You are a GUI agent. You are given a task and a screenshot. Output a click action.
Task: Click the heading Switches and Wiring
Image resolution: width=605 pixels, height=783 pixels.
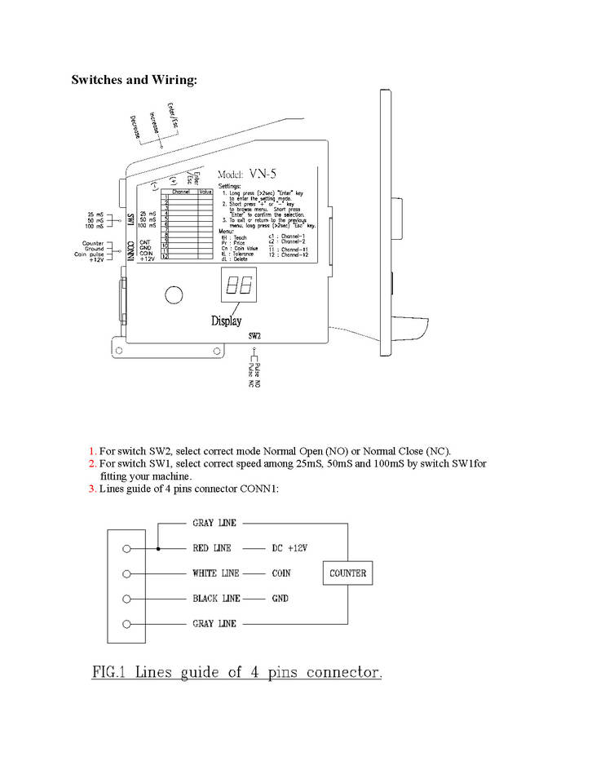[135, 80]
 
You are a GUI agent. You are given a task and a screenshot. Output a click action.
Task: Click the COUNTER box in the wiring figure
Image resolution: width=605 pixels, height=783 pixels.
[347, 573]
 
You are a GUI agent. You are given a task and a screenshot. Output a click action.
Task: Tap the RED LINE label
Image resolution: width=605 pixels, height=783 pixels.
[212, 548]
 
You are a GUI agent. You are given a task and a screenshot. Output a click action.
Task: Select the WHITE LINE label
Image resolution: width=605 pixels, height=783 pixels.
[216, 573]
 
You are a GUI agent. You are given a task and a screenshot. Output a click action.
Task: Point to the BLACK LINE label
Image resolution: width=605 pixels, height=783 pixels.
[216, 599]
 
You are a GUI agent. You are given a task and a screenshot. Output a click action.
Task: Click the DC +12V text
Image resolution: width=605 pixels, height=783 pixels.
[295, 548]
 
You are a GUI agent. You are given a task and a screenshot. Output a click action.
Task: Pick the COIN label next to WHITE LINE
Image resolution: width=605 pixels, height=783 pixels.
[281, 573]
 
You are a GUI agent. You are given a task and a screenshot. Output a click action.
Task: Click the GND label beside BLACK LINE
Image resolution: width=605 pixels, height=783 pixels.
[280, 599]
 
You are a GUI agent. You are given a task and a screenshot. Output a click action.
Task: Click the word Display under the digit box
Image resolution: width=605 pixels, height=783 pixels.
[227, 321]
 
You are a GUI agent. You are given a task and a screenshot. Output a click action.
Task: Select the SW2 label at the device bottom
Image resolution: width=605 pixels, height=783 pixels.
[254, 335]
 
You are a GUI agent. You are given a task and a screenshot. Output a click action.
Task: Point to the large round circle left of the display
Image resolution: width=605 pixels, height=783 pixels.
[174, 294]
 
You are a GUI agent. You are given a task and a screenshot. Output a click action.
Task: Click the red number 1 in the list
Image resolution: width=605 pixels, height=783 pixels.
[92, 451]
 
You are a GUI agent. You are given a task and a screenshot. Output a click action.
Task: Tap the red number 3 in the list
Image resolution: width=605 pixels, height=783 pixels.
[92, 489]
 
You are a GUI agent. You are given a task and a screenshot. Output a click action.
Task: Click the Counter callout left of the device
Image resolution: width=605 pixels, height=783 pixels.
[92, 244]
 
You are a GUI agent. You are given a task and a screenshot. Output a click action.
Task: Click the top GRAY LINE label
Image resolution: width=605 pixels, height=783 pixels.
[214, 523]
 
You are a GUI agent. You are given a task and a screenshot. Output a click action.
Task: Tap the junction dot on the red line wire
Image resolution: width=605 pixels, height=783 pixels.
[158, 548]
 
